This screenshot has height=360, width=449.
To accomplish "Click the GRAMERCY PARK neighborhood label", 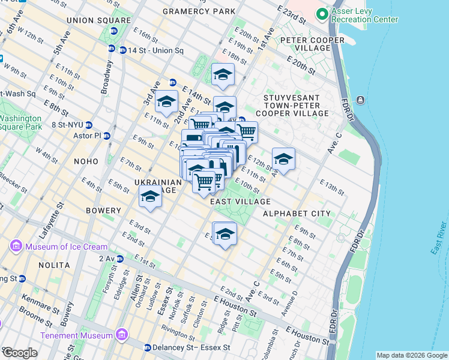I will tap(199, 11).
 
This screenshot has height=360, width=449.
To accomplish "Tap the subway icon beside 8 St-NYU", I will tap(88, 125).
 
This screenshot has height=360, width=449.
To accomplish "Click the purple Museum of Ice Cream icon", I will tap(16, 247).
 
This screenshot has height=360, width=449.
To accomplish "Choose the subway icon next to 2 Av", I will tap(120, 259).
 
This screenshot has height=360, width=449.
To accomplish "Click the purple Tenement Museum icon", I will tap(121, 334).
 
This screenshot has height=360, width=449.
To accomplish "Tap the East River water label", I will tap(440, 238).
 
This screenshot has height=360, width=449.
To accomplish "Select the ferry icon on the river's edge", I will tap(360, 100).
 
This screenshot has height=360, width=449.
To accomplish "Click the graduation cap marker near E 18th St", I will tap(223, 75).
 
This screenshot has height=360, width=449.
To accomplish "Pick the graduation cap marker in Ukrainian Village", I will tap(150, 197).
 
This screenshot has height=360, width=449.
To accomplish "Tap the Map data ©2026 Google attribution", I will tap(411, 355).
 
